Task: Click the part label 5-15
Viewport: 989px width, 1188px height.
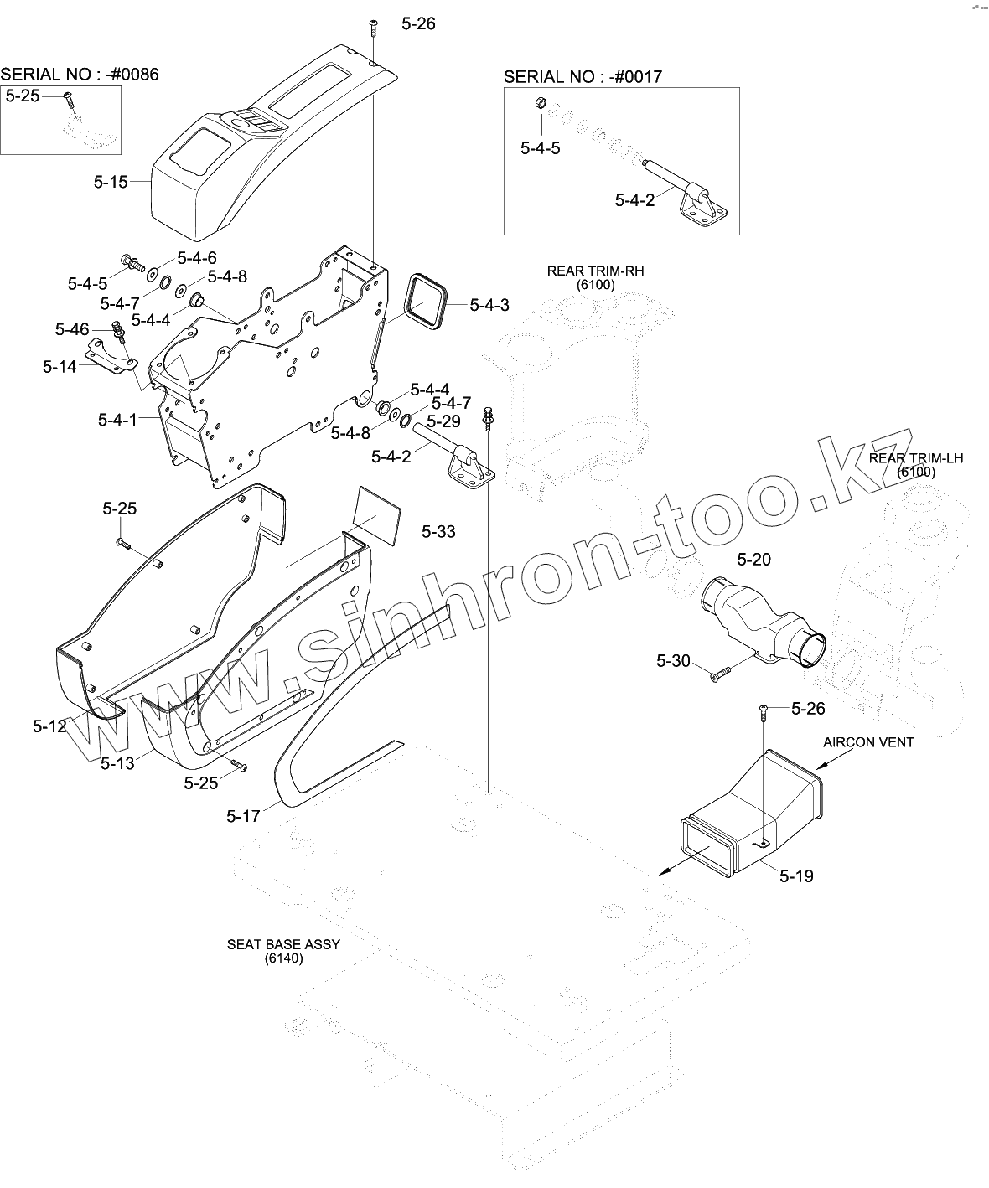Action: [x=110, y=182]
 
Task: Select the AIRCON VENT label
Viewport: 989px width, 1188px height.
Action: [x=868, y=741]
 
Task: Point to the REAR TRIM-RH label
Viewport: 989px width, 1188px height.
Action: [x=595, y=271]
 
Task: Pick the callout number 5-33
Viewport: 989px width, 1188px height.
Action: [x=438, y=531]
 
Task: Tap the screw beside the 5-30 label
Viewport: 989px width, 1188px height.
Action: [x=720, y=674]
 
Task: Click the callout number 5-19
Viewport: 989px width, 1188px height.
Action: [x=795, y=876]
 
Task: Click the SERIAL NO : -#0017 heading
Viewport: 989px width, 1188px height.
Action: [x=583, y=77]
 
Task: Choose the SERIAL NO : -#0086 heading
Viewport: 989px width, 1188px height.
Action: [x=80, y=75]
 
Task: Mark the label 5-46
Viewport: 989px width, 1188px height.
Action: [x=72, y=329]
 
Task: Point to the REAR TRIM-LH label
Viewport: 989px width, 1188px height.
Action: [x=916, y=458]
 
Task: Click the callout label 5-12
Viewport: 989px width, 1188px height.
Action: [x=49, y=726]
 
